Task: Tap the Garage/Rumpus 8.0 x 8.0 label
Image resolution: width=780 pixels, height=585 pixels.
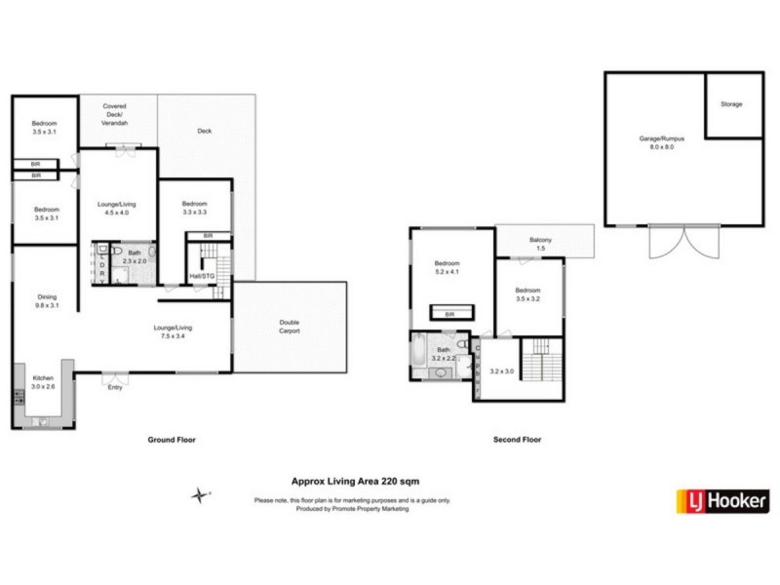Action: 662,143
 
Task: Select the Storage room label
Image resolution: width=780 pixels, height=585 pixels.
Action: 731,103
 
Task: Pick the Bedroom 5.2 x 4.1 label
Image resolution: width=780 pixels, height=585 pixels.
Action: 448,269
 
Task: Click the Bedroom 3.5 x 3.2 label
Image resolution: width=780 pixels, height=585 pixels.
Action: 528,294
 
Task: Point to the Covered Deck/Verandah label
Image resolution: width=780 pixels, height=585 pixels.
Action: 116,114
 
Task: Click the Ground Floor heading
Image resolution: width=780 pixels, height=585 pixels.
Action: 172,440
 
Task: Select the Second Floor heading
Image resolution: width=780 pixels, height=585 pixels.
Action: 516,440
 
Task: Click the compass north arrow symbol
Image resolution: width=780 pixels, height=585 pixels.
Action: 201,495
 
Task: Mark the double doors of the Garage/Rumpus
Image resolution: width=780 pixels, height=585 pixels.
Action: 675,242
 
